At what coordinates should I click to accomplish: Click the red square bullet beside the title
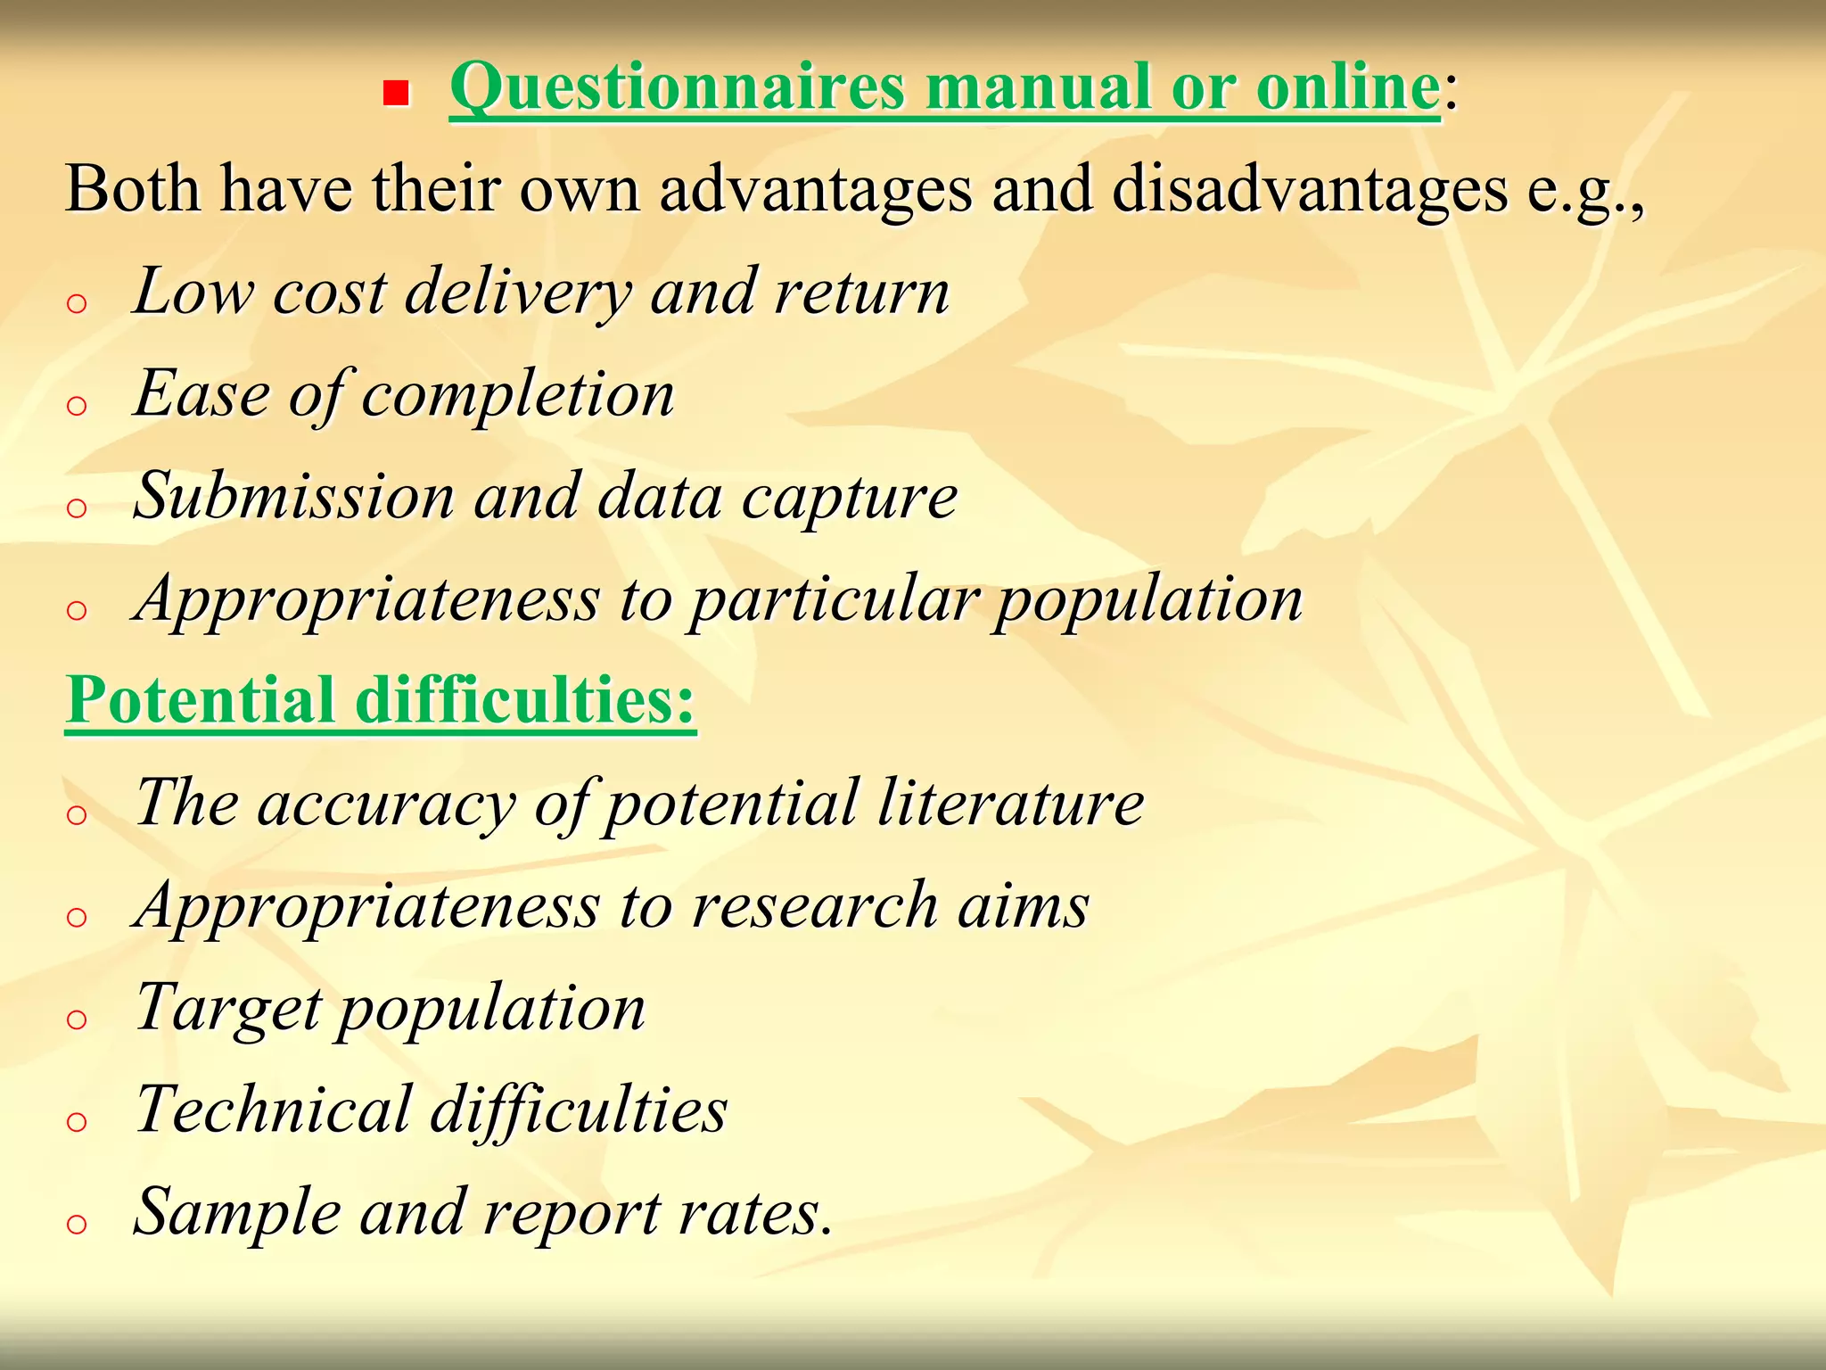click(x=396, y=93)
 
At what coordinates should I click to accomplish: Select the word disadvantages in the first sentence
click(x=1309, y=190)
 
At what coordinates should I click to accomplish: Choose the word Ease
click(x=202, y=394)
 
